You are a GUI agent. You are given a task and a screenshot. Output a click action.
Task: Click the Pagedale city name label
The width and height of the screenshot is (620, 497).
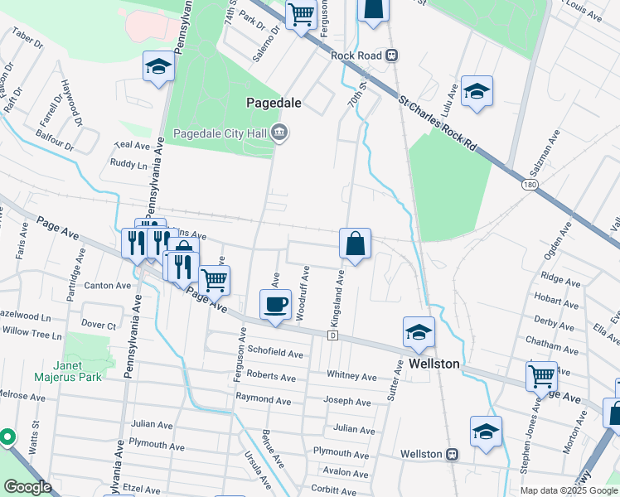click(274, 104)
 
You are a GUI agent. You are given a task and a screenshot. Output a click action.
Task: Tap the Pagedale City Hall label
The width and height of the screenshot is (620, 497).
click(220, 133)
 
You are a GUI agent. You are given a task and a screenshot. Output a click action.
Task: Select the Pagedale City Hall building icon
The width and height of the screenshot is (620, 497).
click(279, 133)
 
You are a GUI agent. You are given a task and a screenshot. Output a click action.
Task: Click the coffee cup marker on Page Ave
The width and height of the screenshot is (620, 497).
click(275, 303)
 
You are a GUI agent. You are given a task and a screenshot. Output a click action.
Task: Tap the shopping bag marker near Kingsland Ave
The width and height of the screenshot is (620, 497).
click(355, 244)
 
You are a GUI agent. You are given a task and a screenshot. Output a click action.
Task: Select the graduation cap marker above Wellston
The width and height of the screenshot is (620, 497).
click(419, 332)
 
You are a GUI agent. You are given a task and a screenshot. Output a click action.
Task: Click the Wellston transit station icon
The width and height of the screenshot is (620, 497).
click(453, 454)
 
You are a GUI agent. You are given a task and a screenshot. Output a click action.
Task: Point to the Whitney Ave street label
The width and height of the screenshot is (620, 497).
click(352, 374)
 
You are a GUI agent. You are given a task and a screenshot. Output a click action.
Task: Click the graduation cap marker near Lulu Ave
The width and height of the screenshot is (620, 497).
click(477, 91)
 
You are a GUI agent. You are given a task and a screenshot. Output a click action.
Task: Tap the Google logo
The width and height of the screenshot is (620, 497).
click(27, 487)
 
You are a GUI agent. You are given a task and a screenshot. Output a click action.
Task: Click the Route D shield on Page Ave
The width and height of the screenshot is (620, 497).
click(332, 335)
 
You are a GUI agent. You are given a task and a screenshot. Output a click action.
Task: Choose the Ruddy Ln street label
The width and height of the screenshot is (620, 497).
click(128, 164)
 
